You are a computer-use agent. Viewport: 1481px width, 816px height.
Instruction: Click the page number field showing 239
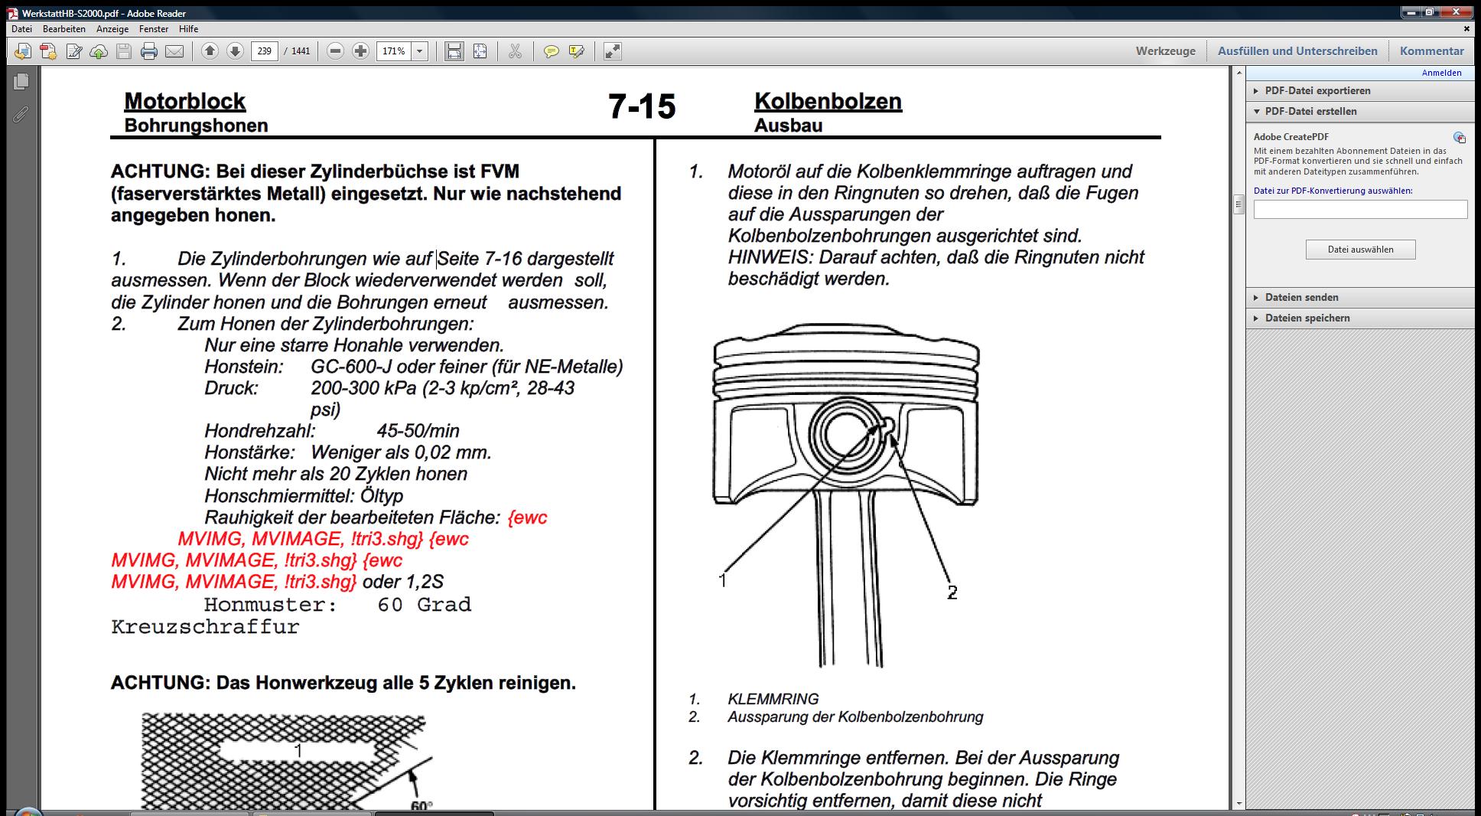(x=264, y=51)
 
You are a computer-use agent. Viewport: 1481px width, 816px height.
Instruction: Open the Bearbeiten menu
(x=64, y=29)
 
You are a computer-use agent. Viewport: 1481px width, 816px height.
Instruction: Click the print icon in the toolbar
(x=149, y=51)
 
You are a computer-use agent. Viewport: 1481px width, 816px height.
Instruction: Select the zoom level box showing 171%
(x=394, y=51)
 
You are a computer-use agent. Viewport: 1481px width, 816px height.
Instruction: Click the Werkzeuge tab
(x=1165, y=51)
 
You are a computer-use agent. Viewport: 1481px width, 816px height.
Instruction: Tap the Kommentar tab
(x=1431, y=51)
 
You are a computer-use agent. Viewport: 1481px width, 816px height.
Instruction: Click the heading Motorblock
(x=184, y=101)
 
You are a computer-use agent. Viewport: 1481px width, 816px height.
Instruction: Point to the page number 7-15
(x=642, y=106)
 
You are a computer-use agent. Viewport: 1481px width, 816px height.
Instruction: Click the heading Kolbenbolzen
(x=828, y=101)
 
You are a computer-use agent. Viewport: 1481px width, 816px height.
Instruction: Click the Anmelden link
(x=1441, y=73)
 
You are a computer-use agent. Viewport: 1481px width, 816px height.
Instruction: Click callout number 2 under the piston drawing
(x=952, y=592)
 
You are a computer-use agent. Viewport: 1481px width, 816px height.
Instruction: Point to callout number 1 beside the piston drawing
(x=722, y=581)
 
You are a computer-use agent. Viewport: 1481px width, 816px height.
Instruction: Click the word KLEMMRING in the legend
(x=773, y=699)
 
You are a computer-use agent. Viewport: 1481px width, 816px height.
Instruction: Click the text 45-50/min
(x=418, y=431)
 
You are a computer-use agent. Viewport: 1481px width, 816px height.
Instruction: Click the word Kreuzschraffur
(x=205, y=627)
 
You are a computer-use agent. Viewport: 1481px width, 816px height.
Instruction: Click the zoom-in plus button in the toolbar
(x=360, y=51)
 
